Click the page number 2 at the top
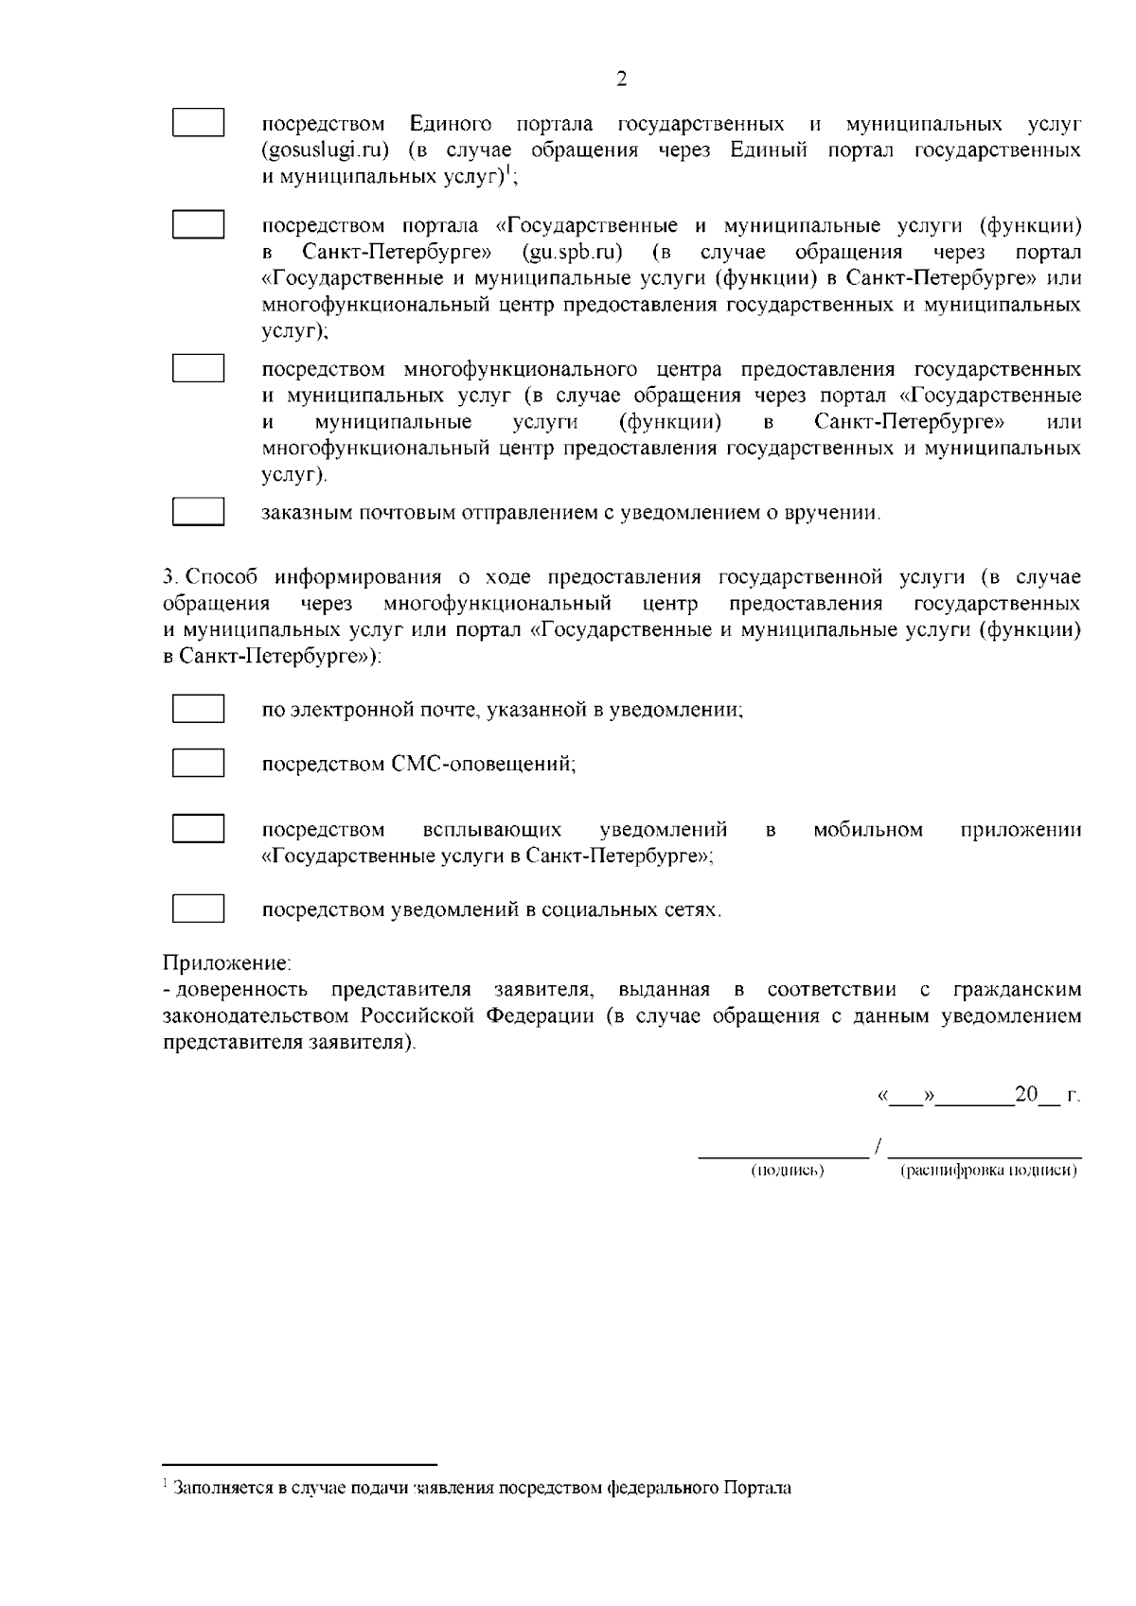[x=621, y=79]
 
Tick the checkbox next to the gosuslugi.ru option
[x=198, y=124]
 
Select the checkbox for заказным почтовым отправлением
[x=198, y=512]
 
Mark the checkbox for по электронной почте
[x=198, y=709]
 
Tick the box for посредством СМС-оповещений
[x=198, y=763]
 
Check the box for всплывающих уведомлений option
[x=198, y=828]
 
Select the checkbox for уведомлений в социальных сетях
[x=198, y=909]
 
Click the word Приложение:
[x=227, y=964]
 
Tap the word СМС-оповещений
[x=484, y=764]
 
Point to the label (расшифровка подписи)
[x=988, y=1171]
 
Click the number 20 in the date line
[x=1026, y=1095]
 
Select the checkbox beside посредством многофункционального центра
[x=198, y=368]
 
